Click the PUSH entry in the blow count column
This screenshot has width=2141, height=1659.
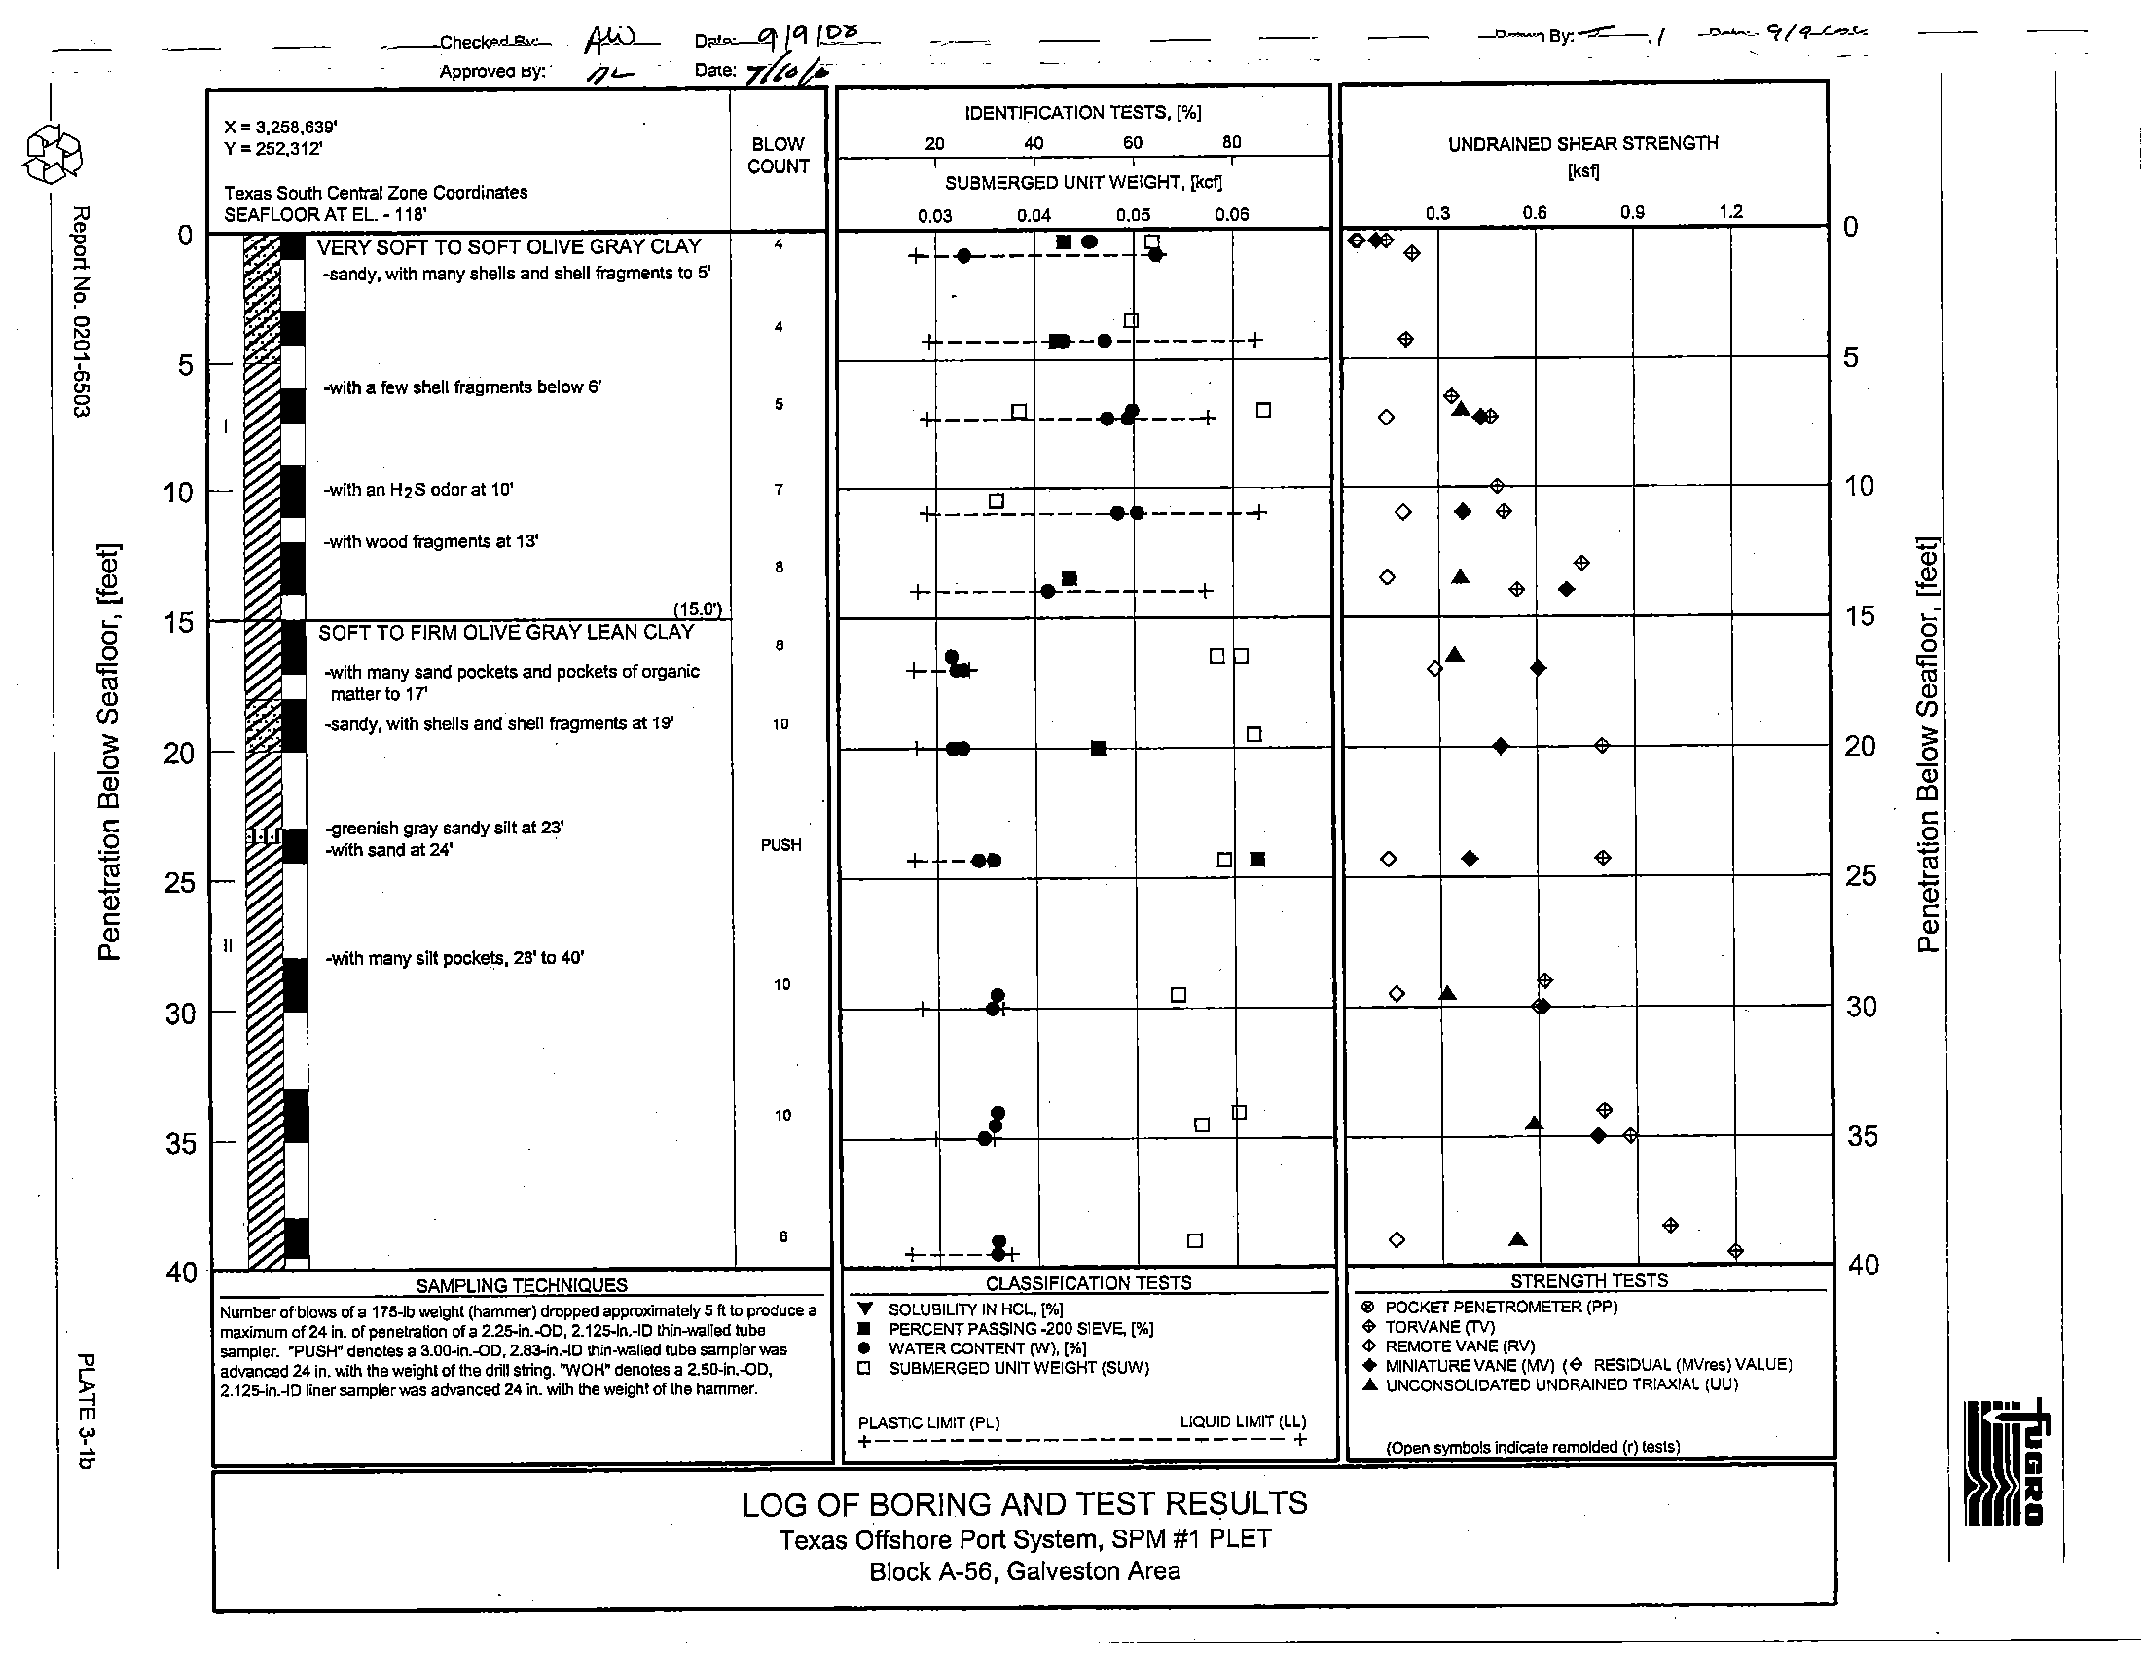pyautogui.click(x=780, y=845)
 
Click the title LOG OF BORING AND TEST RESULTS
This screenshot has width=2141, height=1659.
pyautogui.click(x=1025, y=1504)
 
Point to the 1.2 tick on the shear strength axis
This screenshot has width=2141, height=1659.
pyautogui.click(x=1730, y=212)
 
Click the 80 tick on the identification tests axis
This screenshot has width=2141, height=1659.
pyautogui.click(x=1231, y=142)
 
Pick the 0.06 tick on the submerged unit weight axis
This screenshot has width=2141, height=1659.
pyautogui.click(x=1231, y=215)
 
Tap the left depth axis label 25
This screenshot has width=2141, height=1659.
pyautogui.click(x=180, y=883)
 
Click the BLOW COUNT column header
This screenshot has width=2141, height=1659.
pyautogui.click(x=779, y=155)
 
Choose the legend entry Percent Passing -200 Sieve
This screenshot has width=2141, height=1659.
pyautogui.click(x=1020, y=1329)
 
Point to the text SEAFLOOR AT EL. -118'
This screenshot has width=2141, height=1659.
pyautogui.click(x=324, y=215)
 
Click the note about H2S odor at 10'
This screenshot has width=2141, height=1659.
pyautogui.click(x=419, y=490)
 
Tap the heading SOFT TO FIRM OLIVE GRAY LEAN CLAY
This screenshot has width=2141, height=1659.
pyautogui.click(x=506, y=633)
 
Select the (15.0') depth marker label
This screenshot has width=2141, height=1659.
pyautogui.click(x=698, y=608)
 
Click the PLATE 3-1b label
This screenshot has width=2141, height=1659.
pyautogui.click(x=87, y=1411)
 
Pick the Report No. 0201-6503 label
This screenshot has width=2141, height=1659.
pyautogui.click(x=82, y=312)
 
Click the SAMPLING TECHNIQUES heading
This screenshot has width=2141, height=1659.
pyautogui.click(x=521, y=1285)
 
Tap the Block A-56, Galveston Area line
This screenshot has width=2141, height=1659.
pyautogui.click(x=1025, y=1571)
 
